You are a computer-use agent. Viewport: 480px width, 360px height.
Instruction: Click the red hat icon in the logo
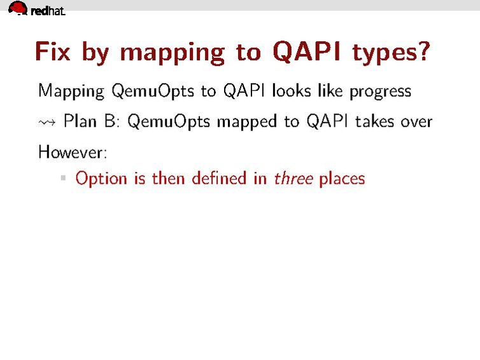pos(18,8)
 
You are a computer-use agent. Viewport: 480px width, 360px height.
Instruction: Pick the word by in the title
pos(95,53)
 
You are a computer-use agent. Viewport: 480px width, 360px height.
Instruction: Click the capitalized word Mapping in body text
pos(71,92)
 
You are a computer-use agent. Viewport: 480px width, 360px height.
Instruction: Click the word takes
pos(378,121)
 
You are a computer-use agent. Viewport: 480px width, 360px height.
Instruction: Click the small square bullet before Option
pos(63,178)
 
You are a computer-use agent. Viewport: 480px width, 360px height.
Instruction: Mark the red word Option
pos(101,179)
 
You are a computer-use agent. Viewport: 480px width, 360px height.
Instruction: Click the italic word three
pos(293,178)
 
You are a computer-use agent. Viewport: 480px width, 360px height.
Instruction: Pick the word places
pos(342,179)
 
